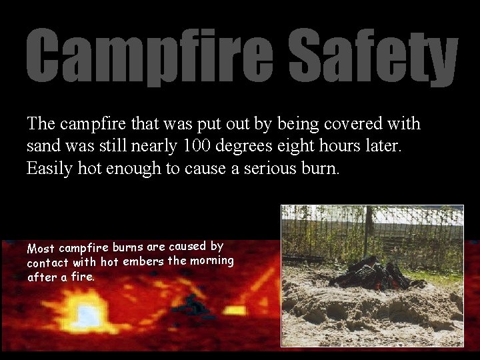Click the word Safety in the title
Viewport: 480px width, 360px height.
pos(373,57)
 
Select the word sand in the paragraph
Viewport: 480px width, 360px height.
pos(41,145)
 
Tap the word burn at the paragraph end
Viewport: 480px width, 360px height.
pos(321,168)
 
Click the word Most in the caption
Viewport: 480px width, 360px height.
pos(41,249)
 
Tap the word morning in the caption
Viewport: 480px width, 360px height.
pos(212,259)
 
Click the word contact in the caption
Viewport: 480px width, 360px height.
pos(48,263)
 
